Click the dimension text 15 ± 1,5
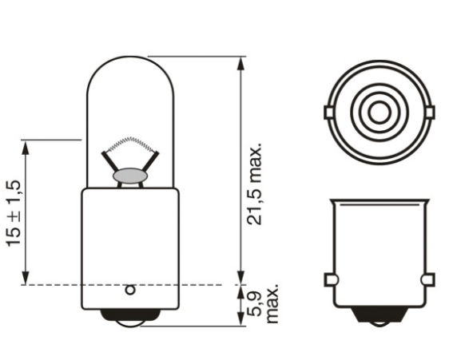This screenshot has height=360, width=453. pos(14,212)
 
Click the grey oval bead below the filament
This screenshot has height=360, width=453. pos(129,173)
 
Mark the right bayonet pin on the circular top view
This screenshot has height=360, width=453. pos(431,112)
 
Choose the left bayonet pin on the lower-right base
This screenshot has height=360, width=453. pos(329,279)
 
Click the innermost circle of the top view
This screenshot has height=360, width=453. pos(380,109)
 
